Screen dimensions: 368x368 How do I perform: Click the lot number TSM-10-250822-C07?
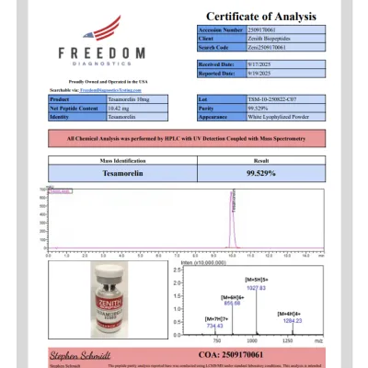267,98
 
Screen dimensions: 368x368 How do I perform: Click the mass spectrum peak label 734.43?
214,326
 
